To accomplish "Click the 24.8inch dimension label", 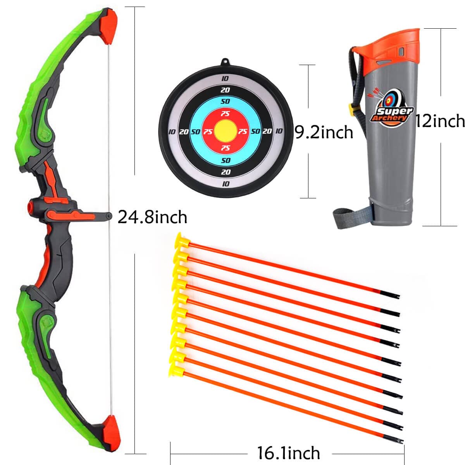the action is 152,217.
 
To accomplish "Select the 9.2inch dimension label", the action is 324,132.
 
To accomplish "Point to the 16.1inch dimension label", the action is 289,453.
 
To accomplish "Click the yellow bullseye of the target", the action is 225,131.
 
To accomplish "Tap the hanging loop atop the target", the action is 226,62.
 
